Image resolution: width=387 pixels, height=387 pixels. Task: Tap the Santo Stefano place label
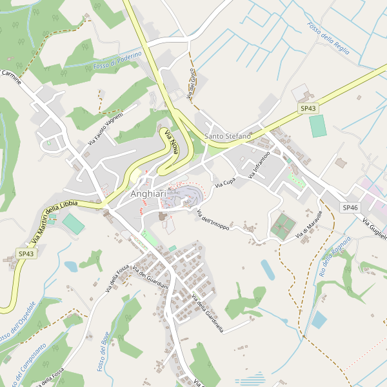(228, 136)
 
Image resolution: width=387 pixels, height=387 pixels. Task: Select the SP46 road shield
(350, 207)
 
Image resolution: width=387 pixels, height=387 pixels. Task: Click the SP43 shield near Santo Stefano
(308, 108)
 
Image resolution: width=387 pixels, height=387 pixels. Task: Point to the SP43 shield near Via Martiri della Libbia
(26, 254)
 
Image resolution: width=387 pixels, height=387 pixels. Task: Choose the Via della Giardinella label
(208, 313)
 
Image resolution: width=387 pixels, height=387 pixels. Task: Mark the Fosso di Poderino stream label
(117, 61)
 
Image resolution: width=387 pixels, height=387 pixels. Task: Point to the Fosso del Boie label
(103, 351)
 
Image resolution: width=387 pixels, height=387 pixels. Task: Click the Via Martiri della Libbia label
(54, 219)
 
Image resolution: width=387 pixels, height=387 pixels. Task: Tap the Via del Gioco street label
(191, 84)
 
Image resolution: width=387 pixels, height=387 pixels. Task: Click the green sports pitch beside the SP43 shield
(318, 126)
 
